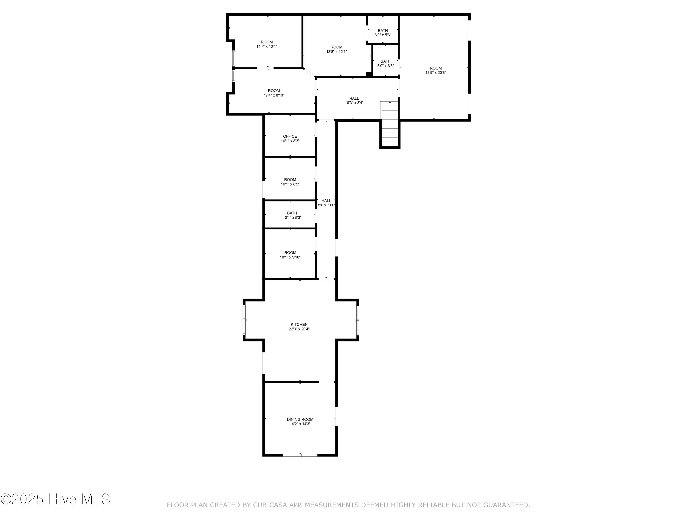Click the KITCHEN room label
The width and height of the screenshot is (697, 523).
299,324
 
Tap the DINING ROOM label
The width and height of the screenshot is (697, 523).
300,419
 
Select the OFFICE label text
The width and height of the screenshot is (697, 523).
290,136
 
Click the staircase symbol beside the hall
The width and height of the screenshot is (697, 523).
390,125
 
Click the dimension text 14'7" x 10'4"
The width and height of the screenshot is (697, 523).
266,46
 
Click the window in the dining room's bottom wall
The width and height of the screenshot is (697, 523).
300,455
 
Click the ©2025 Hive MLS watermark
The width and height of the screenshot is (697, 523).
56,499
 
